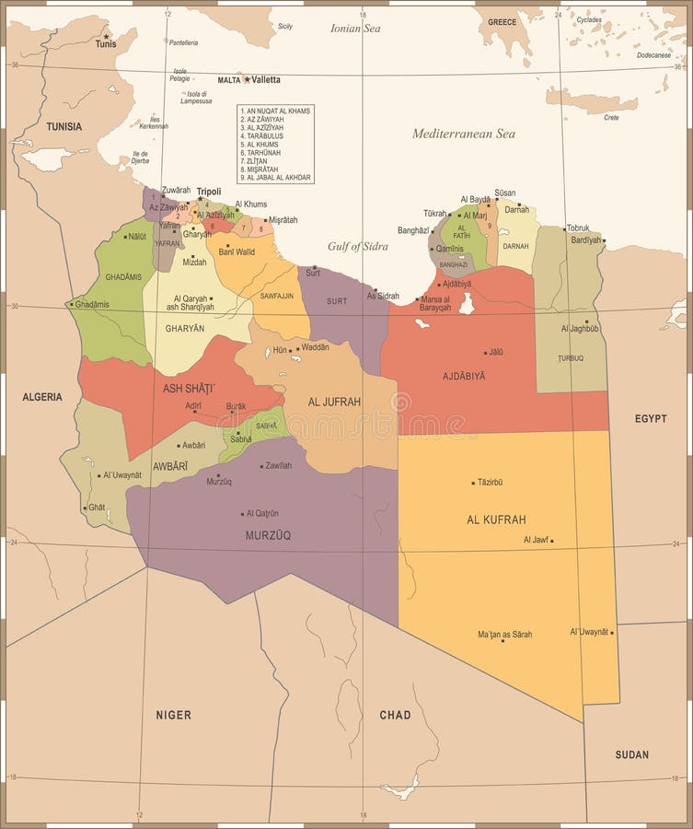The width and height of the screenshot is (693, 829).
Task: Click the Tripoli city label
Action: pos(209,192)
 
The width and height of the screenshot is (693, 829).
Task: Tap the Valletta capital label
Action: pos(267,80)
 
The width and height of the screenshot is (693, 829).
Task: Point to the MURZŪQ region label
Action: pos(268,535)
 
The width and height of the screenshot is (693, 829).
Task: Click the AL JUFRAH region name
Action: pos(334,402)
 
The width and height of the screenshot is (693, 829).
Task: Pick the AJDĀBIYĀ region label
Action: pos(464,376)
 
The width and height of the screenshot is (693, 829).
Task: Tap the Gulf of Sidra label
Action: pos(358,246)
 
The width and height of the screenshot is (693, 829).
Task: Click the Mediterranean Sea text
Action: pos(463,134)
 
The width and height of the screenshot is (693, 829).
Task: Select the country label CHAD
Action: pos(395,715)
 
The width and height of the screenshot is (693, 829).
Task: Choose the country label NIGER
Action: pos(173,715)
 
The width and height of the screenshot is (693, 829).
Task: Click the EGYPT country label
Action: pos(650,418)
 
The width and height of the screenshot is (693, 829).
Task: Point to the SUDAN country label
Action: pos(632,755)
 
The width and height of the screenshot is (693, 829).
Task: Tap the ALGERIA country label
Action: pos(42,397)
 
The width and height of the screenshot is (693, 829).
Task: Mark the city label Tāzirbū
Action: pos(491,482)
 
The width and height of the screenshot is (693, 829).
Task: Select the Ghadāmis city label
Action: pos(92,304)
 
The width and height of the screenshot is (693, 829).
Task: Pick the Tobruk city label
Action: pos(577,228)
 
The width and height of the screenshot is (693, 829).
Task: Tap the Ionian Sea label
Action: pos(355,29)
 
